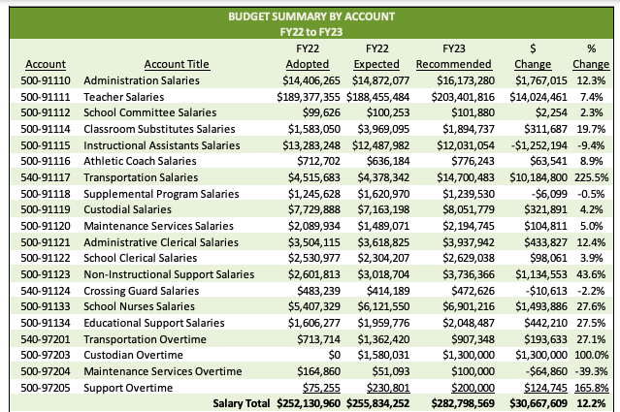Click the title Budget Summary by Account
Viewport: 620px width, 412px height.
310,16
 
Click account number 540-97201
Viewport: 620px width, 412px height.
46,338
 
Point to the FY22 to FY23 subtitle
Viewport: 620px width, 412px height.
310,32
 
